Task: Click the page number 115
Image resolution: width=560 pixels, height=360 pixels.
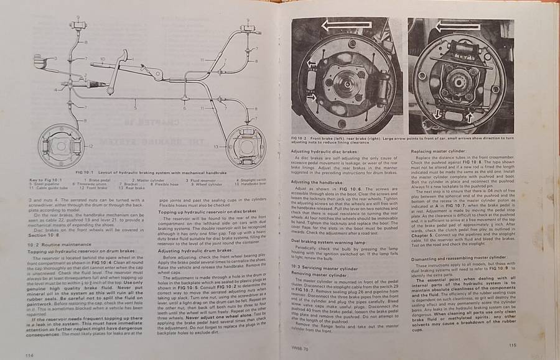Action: click(513, 346)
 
